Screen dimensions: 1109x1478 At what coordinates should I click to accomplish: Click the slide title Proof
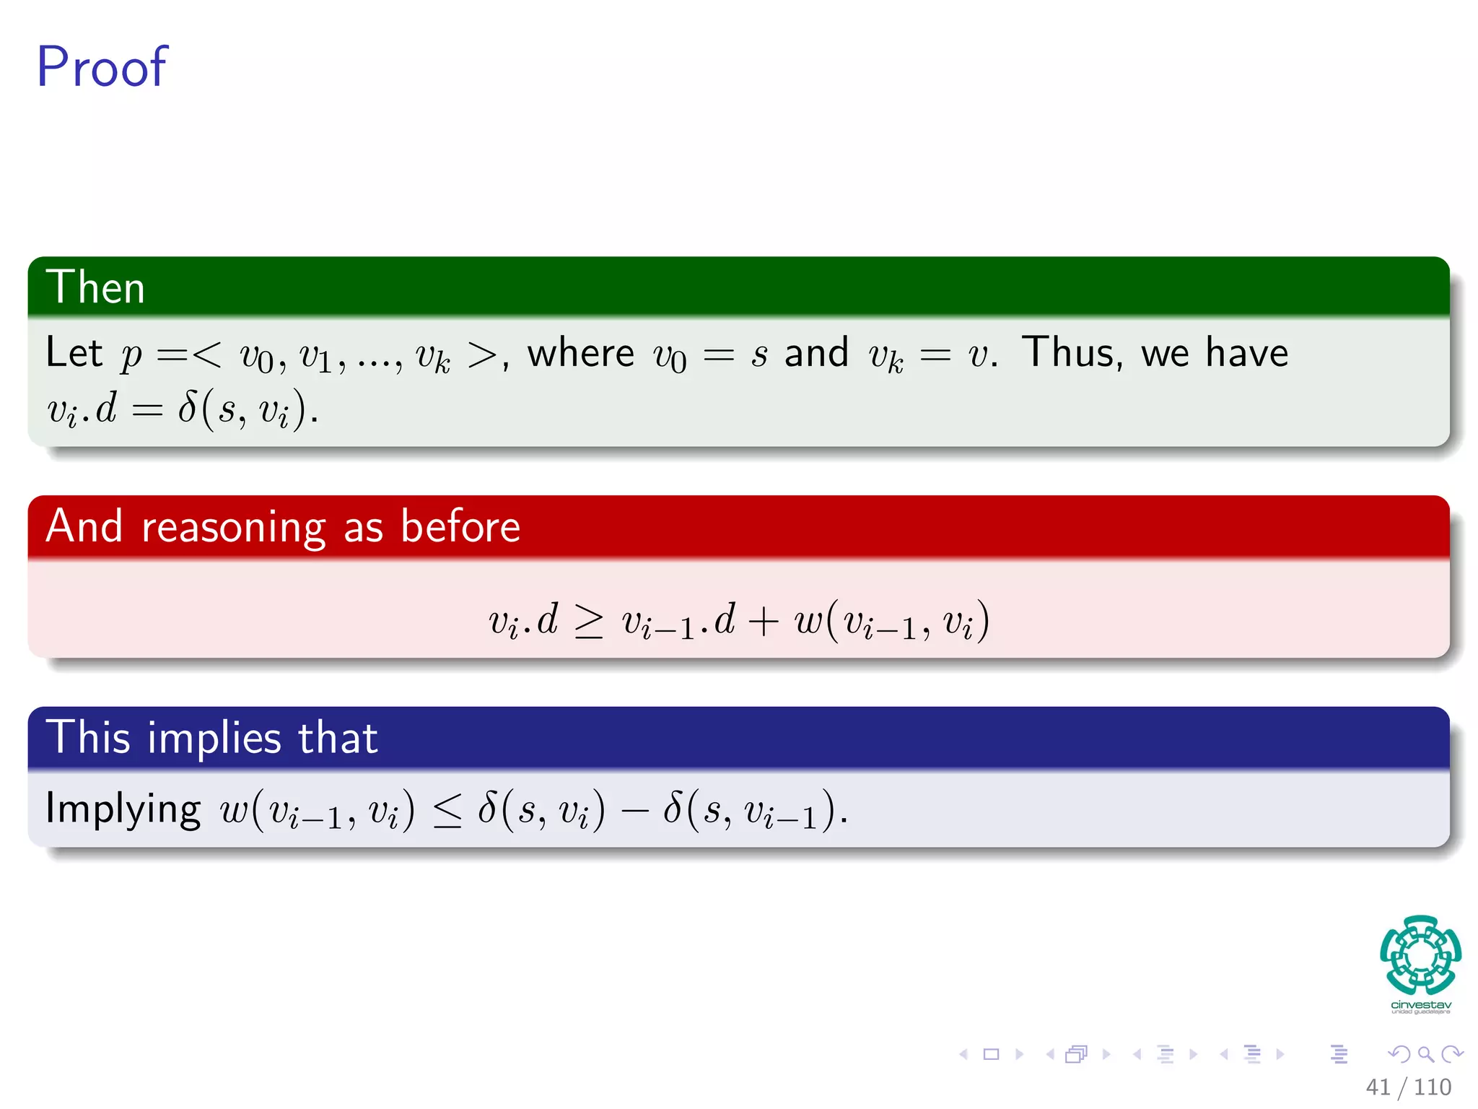(x=102, y=67)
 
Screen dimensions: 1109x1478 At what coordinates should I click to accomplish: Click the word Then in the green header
(x=95, y=287)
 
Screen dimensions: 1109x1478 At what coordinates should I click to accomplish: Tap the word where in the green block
(x=580, y=354)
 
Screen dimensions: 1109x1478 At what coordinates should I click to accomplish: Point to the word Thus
(x=1072, y=353)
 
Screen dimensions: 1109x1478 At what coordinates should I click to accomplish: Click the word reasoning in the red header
(x=233, y=527)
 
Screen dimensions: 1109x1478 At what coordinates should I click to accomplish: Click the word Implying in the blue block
(x=123, y=809)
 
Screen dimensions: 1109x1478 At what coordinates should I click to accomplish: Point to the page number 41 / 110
(x=1408, y=1087)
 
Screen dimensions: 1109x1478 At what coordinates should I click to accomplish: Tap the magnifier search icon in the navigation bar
(x=1425, y=1054)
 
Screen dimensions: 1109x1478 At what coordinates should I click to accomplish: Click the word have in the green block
(x=1246, y=353)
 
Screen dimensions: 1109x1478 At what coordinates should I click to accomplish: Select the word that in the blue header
(x=338, y=739)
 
